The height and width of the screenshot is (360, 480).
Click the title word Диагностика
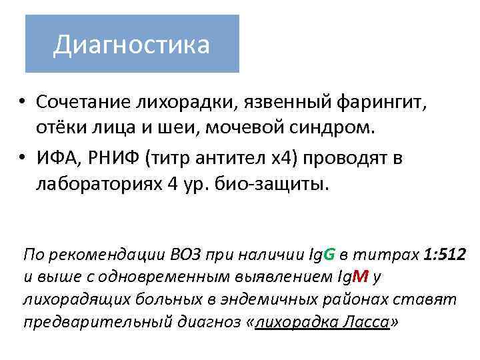(131, 45)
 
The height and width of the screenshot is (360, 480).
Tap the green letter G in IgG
(329, 254)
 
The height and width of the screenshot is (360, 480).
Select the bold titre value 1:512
(445, 254)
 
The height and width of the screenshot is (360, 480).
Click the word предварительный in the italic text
(93, 322)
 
